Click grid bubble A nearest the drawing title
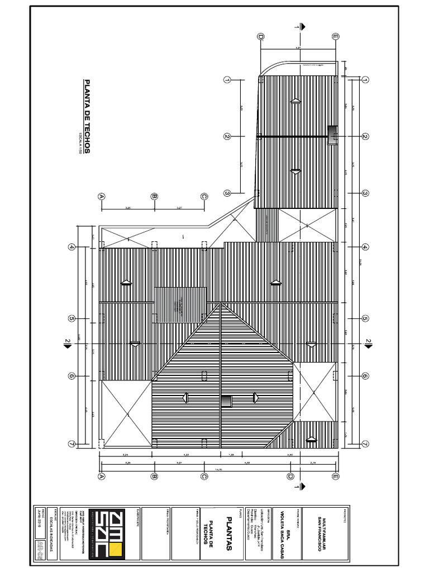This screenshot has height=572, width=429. (x=102, y=196)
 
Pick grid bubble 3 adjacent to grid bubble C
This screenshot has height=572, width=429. (x=227, y=193)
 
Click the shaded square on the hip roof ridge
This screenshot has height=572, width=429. (x=226, y=401)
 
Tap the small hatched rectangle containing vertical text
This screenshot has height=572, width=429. (x=180, y=305)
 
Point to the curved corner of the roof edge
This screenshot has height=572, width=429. (x=268, y=68)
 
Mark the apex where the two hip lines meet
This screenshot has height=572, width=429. (x=222, y=304)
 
